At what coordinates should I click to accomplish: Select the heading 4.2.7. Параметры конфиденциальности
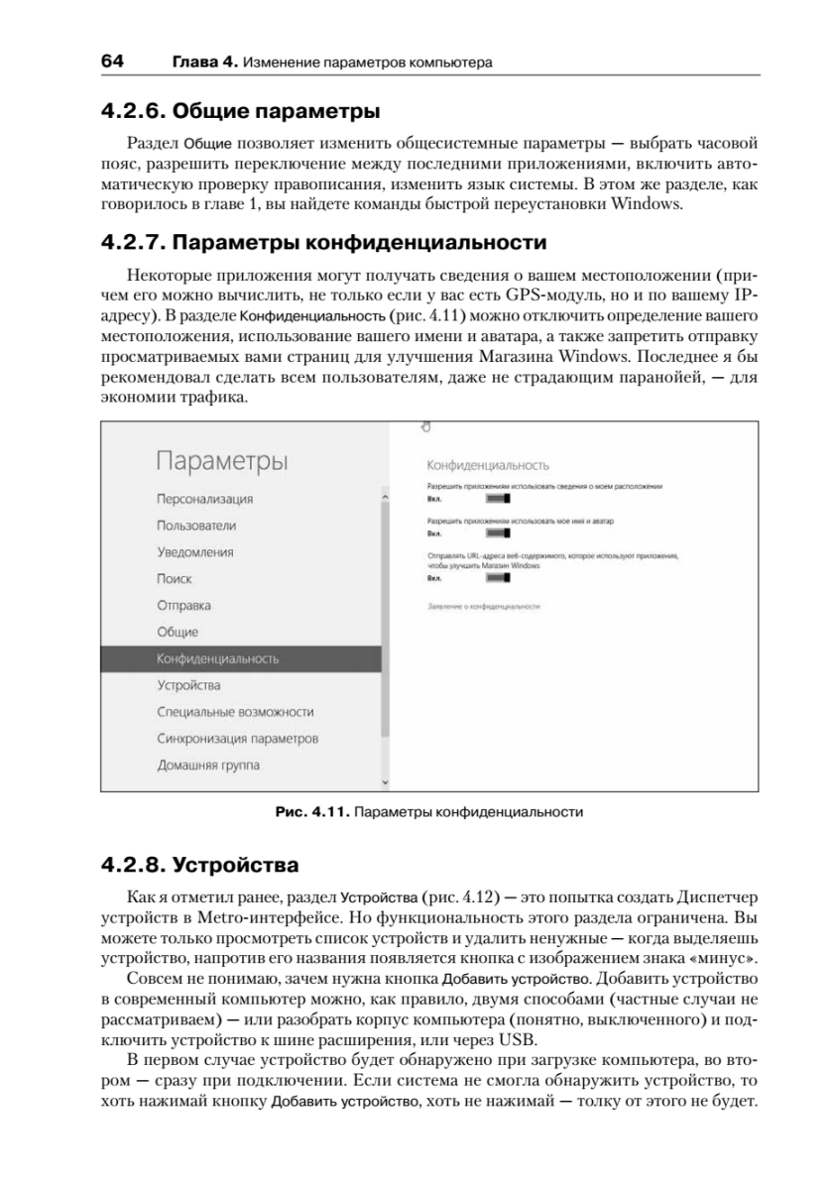click(x=323, y=243)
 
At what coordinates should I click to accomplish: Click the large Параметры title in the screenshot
click(x=222, y=461)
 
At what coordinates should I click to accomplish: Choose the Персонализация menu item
click(x=204, y=499)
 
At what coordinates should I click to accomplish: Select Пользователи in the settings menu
click(x=196, y=526)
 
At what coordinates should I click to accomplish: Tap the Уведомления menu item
click(x=195, y=552)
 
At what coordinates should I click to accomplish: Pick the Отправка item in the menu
click(x=183, y=606)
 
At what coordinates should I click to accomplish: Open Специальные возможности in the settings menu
click(x=235, y=712)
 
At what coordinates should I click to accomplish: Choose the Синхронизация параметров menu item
click(x=237, y=739)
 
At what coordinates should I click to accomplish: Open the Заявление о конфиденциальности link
click(x=482, y=604)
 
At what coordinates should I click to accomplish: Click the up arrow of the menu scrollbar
click(x=385, y=492)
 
